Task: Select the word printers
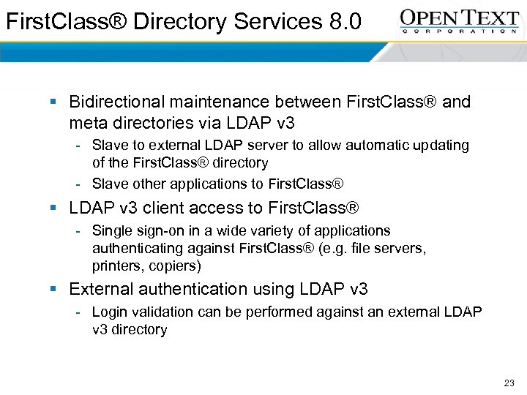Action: click(x=115, y=266)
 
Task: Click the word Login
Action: click(x=110, y=312)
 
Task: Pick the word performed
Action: click(x=282, y=312)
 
